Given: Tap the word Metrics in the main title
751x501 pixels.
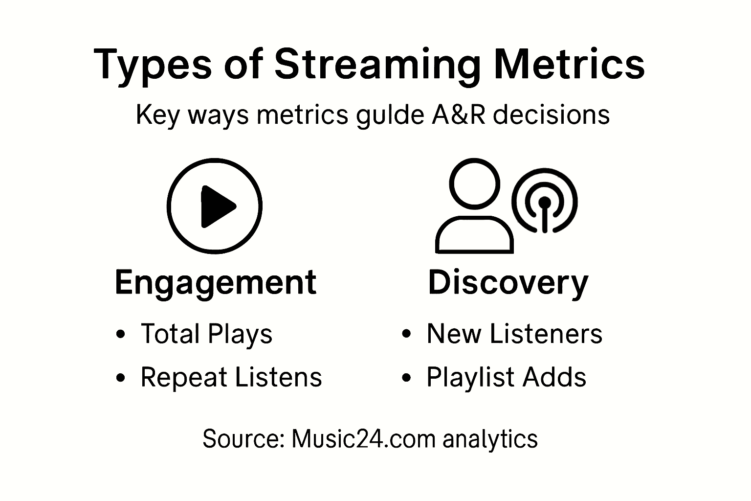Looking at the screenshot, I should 569,65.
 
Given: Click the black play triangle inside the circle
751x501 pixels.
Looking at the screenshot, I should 217,206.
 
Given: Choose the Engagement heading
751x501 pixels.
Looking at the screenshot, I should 215,283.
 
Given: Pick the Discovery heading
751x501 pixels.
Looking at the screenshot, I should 508,283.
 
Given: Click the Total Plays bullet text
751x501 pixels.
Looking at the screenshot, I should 206,334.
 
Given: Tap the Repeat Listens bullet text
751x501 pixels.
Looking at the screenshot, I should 231,377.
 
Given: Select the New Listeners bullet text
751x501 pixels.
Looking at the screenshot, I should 514,334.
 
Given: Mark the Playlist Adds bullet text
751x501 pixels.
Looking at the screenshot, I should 506,377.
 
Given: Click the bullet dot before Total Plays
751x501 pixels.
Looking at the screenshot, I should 121,335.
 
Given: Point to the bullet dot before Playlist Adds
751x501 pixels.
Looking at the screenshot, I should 406,378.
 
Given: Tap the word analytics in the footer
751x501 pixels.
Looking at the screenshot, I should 490,438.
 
